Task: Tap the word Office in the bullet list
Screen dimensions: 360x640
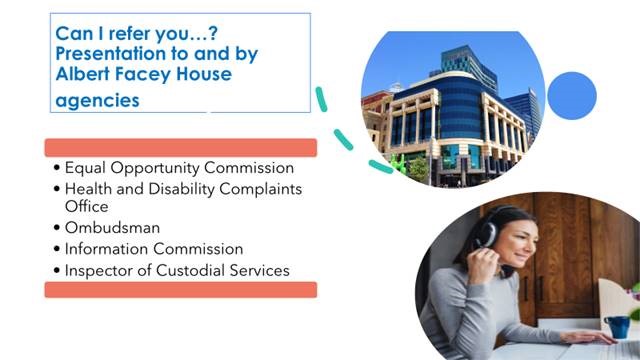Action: [x=87, y=206]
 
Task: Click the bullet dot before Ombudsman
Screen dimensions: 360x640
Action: [x=56, y=228]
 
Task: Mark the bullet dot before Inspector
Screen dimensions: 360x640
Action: [x=56, y=271]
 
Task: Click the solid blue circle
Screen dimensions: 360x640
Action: [x=571, y=95]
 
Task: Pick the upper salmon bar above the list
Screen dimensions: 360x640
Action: [x=181, y=147]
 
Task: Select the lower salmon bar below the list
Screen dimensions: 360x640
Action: [x=181, y=289]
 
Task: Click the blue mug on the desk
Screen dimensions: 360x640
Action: [x=618, y=325]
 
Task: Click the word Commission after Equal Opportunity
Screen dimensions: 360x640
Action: [x=247, y=168]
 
